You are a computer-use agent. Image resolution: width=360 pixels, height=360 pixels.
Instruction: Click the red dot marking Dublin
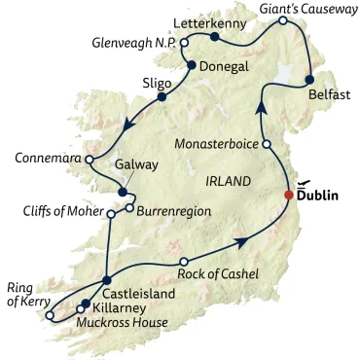(288, 195)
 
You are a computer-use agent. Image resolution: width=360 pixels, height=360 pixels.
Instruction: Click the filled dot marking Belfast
(309, 80)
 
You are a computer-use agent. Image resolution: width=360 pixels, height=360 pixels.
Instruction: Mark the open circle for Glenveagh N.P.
(183, 43)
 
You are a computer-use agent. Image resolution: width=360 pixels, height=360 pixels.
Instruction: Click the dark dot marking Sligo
(162, 96)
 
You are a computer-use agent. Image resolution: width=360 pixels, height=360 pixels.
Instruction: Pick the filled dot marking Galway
(122, 191)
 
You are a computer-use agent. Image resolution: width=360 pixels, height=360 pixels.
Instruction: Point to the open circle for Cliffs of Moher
(110, 214)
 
